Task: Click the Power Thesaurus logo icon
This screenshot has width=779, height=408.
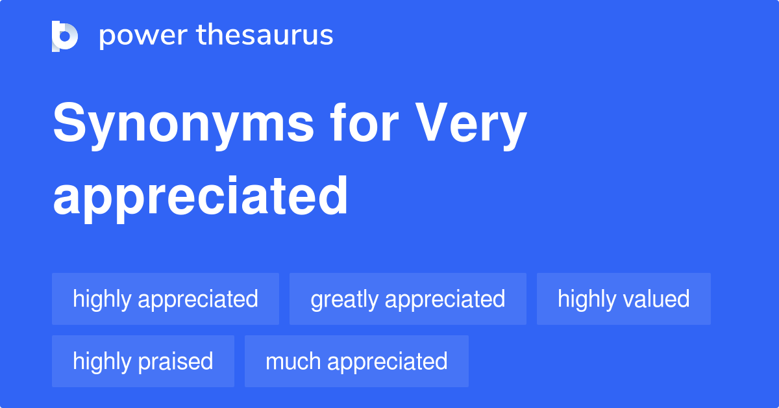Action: tap(65, 36)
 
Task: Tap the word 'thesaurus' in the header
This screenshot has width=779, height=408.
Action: tap(265, 36)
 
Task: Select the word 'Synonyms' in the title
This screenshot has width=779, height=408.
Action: tap(183, 125)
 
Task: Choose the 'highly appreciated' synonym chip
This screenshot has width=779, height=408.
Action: tap(166, 299)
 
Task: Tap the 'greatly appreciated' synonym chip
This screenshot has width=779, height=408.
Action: tap(408, 299)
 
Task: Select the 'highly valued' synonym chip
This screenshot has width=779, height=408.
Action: tap(623, 299)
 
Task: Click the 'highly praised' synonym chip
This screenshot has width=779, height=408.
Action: tap(143, 361)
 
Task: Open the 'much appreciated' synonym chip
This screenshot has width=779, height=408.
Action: tap(356, 361)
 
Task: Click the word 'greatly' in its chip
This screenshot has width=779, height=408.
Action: tap(344, 300)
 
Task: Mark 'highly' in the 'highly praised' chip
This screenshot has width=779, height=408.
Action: tap(102, 362)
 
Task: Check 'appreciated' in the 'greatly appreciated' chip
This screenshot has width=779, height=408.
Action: tap(445, 300)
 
